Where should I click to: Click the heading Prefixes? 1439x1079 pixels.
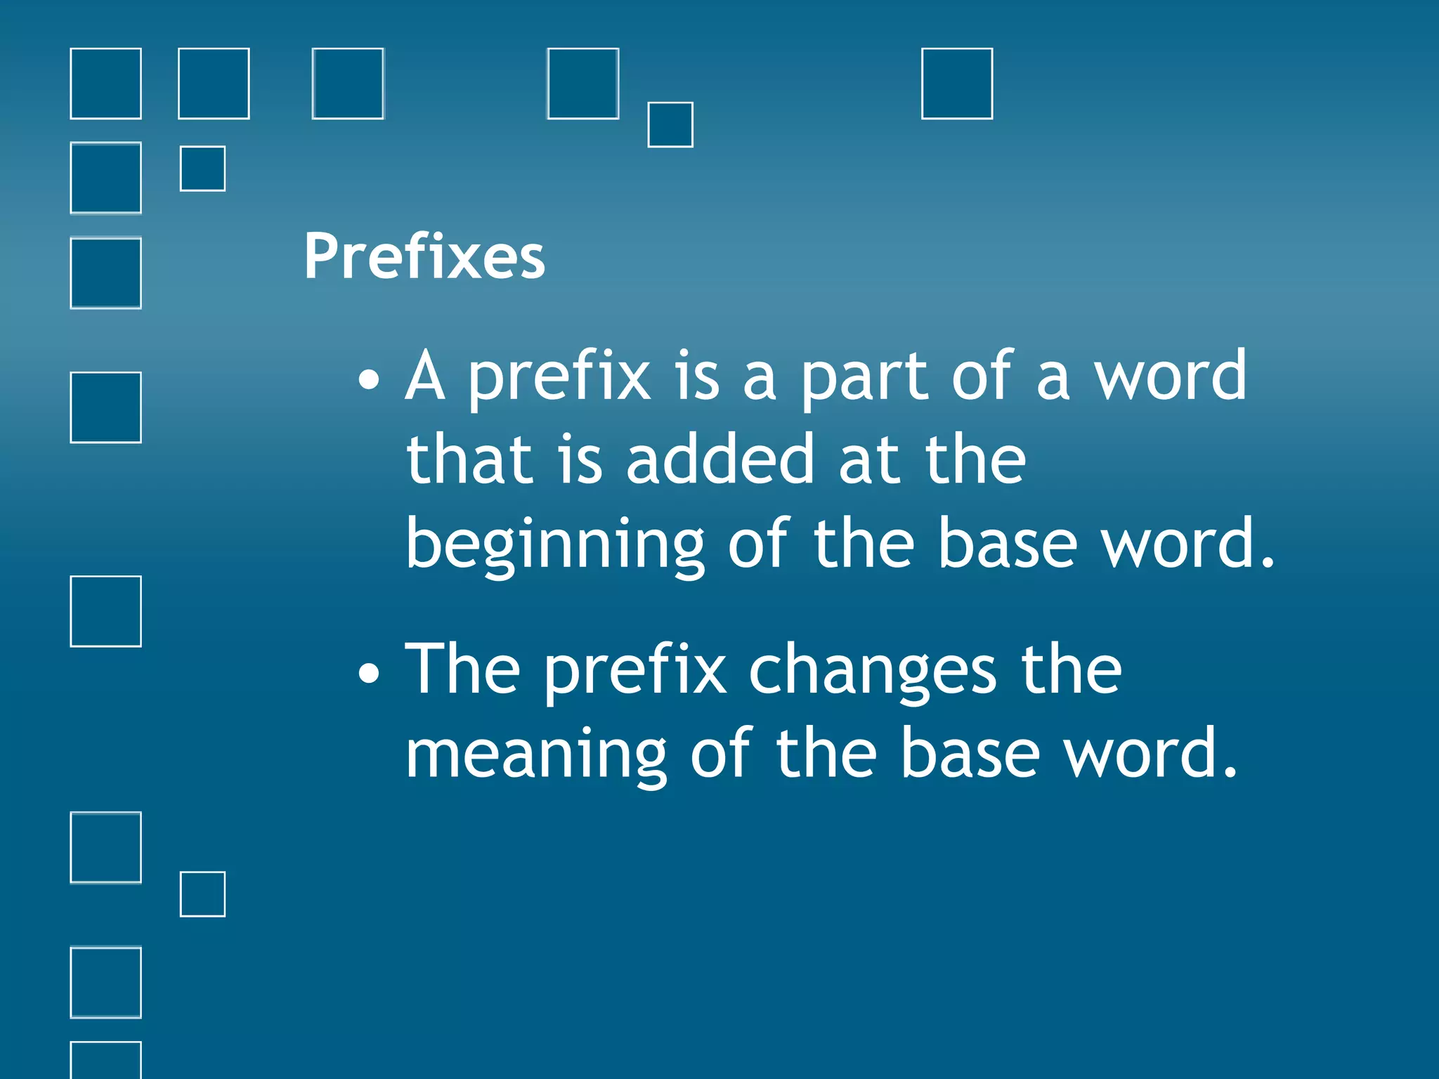pos(424,256)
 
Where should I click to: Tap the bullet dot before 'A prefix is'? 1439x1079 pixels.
pos(368,381)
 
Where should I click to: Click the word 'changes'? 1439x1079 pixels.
pos(872,672)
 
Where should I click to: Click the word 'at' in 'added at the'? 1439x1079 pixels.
pos(869,461)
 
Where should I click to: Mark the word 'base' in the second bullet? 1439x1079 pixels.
pos(970,753)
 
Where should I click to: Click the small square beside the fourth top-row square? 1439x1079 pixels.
pos(670,125)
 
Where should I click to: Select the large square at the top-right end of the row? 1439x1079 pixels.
pos(957,84)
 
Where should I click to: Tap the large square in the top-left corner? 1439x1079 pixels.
pos(106,84)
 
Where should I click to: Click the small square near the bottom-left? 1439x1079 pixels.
pos(203,894)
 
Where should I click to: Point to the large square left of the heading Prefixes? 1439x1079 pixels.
pos(106,273)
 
